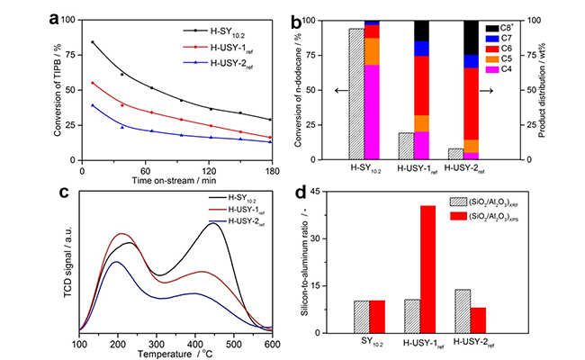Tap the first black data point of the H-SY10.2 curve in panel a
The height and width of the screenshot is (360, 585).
point(93,42)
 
